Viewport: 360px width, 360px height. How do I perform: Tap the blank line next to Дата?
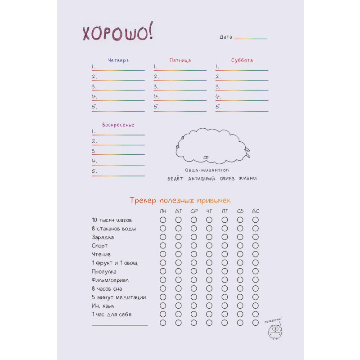tap(251, 38)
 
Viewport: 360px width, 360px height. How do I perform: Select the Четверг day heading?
tap(118, 60)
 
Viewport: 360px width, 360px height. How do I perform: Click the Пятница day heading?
tap(180, 60)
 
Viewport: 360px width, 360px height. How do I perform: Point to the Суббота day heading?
tap(242, 60)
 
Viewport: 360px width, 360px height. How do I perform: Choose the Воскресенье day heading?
tap(118, 125)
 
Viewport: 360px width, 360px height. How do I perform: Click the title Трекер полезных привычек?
tap(180, 200)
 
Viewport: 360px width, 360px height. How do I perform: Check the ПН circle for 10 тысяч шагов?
tap(163, 220)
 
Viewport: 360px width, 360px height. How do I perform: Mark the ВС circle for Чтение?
tap(255, 254)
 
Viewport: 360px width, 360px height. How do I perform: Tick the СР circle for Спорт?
tap(193, 246)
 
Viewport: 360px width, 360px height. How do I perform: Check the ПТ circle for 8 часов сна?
tap(225, 288)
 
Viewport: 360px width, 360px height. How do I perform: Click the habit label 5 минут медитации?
tap(119, 297)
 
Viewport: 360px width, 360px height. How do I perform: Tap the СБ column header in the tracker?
tap(240, 211)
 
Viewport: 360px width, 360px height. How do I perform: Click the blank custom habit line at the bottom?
tap(119, 324)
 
